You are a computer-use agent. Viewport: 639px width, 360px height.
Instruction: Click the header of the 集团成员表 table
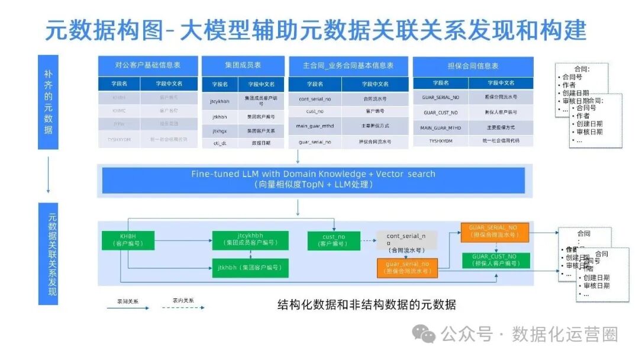(243, 65)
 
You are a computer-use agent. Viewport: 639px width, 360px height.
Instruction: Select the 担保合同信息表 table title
(473, 66)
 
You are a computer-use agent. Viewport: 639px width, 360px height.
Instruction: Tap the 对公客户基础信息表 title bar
(148, 65)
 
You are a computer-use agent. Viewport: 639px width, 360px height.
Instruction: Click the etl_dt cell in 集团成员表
(220, 143)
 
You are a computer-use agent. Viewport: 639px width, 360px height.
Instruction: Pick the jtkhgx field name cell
(220, 130)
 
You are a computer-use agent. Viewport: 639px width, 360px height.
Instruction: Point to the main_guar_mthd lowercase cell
(315, 126)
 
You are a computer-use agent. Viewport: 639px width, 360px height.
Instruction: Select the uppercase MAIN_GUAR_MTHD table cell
(440, 127)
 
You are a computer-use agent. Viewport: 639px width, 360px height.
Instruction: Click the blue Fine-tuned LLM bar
(313, 179)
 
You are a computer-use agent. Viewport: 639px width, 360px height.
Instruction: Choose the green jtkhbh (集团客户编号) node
(250, 268)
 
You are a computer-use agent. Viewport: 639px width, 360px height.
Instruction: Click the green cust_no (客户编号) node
(333, 240)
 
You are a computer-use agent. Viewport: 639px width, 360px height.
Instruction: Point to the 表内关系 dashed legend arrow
(183, 307)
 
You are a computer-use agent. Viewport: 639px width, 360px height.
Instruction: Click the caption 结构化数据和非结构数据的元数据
(367, 305)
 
